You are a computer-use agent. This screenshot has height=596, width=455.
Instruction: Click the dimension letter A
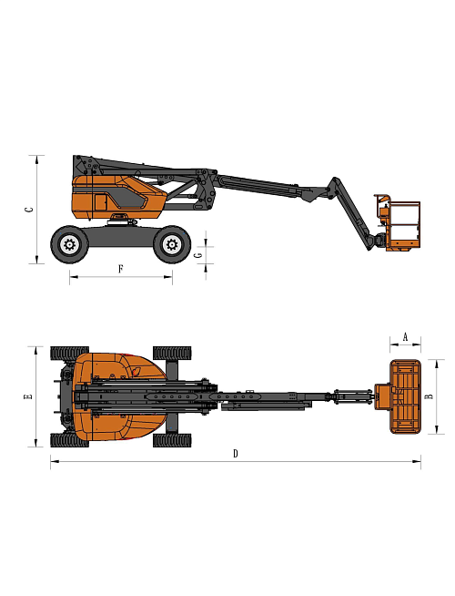click(405, 335)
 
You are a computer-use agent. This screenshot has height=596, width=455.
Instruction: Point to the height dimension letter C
click(29, 209)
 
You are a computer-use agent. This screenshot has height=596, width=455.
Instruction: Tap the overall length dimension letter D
click(235, 453)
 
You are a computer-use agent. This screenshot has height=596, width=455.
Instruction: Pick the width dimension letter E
click(28, 396)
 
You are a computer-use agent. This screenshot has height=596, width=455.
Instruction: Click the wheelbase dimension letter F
click(121, 268)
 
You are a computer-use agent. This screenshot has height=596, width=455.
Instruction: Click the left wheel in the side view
click(69, 243)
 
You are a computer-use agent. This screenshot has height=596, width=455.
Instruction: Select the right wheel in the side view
click(171, 243)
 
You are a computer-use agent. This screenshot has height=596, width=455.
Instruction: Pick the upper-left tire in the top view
click(69, 353)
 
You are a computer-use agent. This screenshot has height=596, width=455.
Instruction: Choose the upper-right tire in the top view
click(172, 353)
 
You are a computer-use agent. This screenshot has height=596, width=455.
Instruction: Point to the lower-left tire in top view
click(69, 440)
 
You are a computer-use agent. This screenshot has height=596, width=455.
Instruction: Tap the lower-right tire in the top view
click(172, 440)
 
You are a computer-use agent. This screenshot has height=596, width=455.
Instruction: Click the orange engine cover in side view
click(116, 199)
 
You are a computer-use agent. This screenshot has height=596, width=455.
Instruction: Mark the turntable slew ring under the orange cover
click(118, 220)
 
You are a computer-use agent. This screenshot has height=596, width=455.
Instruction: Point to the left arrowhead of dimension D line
click(52, 462)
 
